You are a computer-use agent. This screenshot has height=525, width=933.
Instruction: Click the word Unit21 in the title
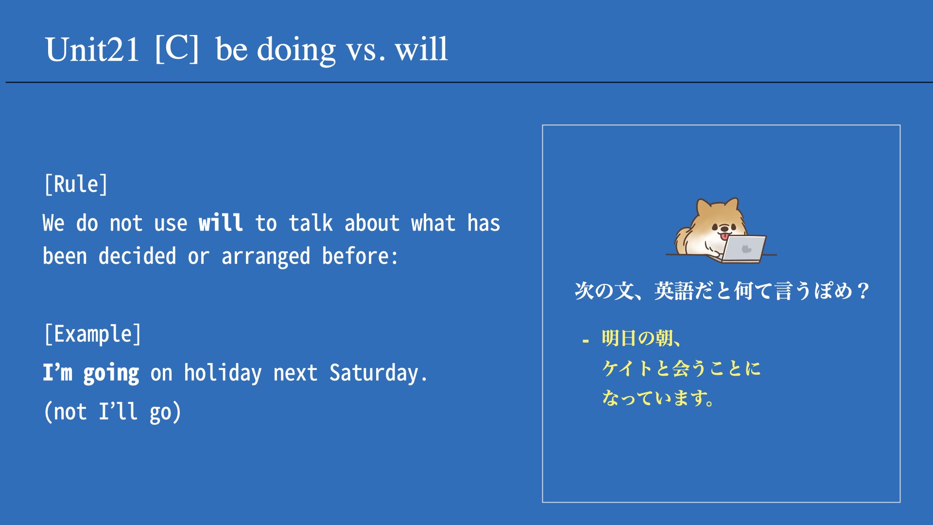(92, 50)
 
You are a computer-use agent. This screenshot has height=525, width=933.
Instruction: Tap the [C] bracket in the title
(177, 49)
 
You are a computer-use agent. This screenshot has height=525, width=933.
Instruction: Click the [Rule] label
(76, 184)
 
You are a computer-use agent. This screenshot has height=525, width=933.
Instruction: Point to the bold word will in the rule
(221, 223)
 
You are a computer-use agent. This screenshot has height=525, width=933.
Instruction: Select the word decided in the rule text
(137, 256)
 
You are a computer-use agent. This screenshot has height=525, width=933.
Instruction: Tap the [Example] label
(92, 334)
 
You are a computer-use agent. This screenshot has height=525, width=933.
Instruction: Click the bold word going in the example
(111, 374)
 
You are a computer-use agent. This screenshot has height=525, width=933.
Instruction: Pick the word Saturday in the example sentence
(374, 373)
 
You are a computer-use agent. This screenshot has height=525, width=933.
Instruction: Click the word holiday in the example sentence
(223, 373)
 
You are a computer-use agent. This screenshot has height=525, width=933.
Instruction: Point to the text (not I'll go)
(112, 412)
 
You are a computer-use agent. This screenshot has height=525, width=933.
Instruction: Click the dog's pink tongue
(724, 237)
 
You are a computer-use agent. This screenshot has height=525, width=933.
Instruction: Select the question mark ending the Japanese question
(863, 291)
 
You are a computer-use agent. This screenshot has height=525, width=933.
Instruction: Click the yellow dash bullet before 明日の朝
(586, 341)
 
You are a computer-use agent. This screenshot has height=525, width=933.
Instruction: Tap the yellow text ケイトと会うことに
(681, 368)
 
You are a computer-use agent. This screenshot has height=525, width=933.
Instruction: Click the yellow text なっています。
(658, 398)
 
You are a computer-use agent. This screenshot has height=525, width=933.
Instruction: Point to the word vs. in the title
(365, 51)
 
